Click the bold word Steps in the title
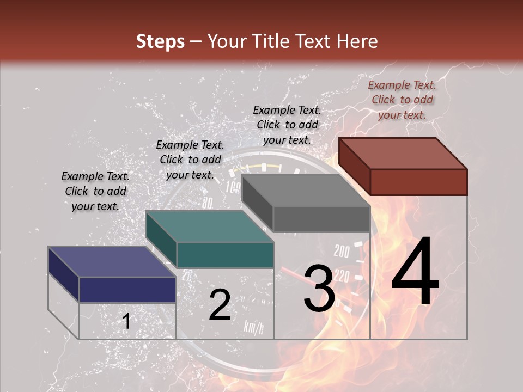pyautogui.click(x=160, y=41)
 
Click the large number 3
pyautogui.click(x=319, y=288)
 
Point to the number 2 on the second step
pyautogui.click(x=220, y=305)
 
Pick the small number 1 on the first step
pyautogui.click(x=126, y=322)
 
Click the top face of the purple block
pyautogui.click(x=112, y=262)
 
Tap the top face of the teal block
pyautogui.click(x=209, y=226)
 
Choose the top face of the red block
pyautogui.click(x=403, y=153)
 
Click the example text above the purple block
pyautogui.click(x=95, y=191)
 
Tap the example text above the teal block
pyautogui.click(x=190, y=160)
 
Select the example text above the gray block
pyautogui.click(x=287, y=125)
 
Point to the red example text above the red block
pyautogui.click(x=402, y=100)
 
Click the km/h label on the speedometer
pyautogui.click(x=254, y=327)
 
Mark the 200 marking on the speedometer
pyautogui.click(x=342, y=252)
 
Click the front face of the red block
pyautogui.click(x=418, y=182)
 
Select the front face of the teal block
pyautogui.click(x=225, y=255)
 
